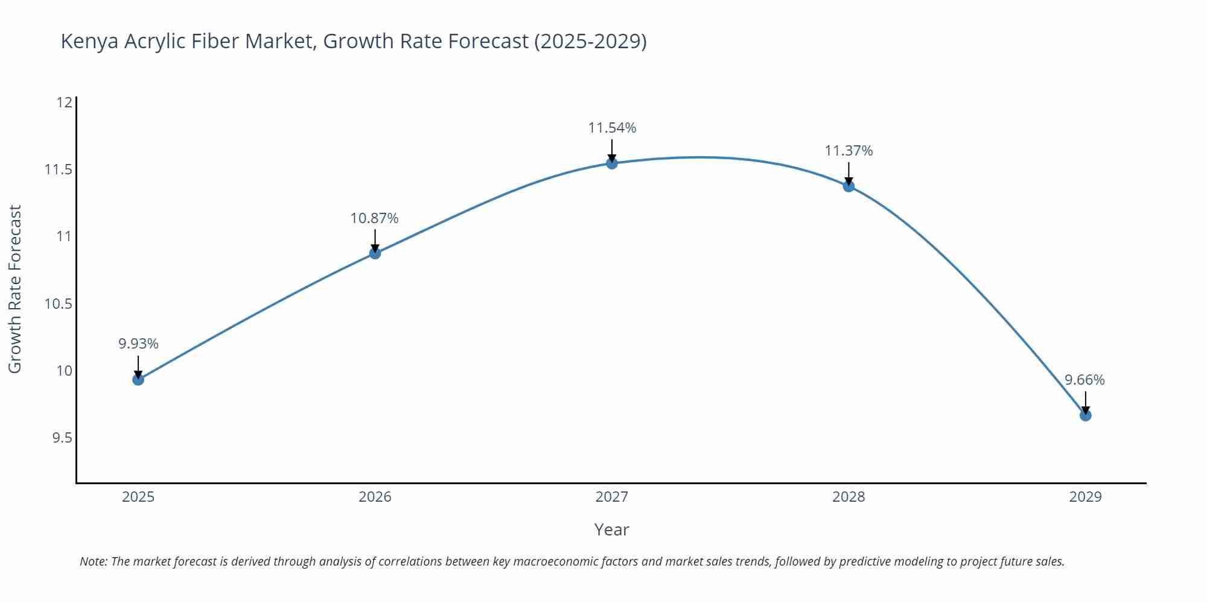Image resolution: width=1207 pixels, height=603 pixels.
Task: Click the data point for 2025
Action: [138, 379]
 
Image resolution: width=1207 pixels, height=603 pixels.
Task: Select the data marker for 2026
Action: [375, 253]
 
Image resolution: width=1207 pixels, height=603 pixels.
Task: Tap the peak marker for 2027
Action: [612, 163]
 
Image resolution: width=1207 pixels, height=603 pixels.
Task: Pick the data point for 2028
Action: [849, 186]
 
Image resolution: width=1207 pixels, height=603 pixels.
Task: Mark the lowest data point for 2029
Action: [1085, 415]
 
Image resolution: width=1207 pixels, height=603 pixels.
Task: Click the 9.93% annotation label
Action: [138, 344]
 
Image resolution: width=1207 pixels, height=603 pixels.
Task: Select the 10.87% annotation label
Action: [374, 218]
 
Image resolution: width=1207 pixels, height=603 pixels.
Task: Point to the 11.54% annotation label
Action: [612, 128]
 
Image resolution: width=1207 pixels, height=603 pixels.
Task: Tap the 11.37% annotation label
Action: [849, 151]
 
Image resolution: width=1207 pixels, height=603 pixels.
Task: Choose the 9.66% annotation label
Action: [1084, 380]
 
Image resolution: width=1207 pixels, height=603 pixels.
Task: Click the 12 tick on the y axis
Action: [64, 103]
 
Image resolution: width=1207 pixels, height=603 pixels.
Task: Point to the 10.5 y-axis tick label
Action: [58, 303]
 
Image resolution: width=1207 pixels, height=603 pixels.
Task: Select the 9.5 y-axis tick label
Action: [62, 438]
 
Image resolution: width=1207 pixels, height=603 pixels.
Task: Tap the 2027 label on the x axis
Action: [611, 497]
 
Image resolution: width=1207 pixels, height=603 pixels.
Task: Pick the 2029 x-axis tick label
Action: [1085, 497]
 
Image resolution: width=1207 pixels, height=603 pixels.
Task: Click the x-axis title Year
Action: [611, 529]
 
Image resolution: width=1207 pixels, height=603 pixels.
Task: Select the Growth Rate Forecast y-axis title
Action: [15, 289]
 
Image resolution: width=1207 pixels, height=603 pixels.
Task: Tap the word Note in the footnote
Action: [92, 561]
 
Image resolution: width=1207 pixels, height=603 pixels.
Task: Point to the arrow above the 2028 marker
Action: [849, 173]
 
